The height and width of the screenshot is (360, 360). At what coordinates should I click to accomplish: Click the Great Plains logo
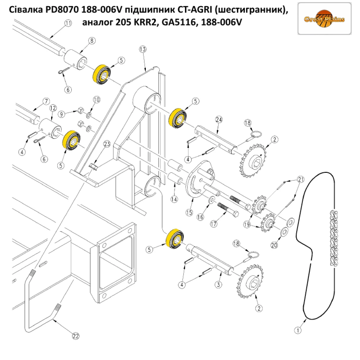[x=324, y=19]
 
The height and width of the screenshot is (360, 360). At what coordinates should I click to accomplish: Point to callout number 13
[x=142, y=49]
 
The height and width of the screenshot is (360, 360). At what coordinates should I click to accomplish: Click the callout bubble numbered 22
[x=75, y=336]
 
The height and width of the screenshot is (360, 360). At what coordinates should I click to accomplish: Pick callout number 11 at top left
[x=68, y=23]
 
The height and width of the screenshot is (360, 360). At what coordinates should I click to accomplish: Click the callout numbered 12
[x=53, y=108]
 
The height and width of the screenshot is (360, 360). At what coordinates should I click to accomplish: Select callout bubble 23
[x=106, y=144]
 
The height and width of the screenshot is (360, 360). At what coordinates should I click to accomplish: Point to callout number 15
[x=189, y=212]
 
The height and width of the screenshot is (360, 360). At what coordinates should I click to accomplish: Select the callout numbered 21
[x=301, y=179]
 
